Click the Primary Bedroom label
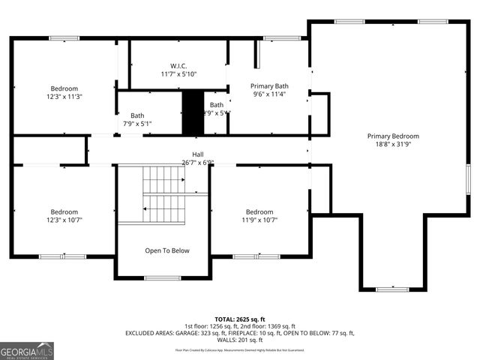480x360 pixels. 393,136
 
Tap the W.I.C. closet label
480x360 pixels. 178,65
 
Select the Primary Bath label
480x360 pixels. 269,86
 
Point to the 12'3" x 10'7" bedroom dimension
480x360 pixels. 64,220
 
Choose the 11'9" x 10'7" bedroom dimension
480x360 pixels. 259,220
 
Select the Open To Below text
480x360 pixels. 167,250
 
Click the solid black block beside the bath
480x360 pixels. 193,112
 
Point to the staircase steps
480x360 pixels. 163,194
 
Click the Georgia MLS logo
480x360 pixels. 27,350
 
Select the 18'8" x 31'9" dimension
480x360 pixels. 393,145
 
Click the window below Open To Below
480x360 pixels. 162,278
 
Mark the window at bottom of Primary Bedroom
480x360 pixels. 392,289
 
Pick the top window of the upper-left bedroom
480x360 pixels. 64,38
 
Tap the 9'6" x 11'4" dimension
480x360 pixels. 269,95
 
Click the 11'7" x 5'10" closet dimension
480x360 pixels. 178,74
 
